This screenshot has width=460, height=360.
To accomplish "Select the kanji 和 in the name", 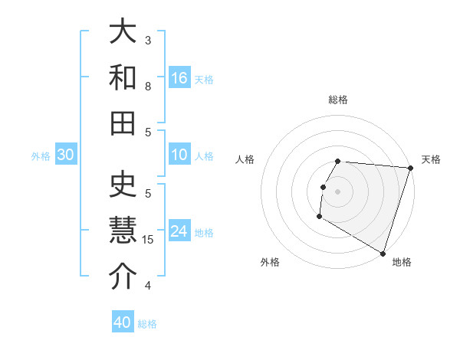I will tap(123, 78).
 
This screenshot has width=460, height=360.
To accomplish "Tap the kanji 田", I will tap(123, 123).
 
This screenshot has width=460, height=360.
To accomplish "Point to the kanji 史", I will tap(123, 185).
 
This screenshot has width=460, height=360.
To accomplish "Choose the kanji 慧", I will tap(123, 231).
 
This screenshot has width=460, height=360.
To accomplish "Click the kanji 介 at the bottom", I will tap(123, 277).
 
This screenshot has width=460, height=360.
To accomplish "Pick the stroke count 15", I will tap(149, 240).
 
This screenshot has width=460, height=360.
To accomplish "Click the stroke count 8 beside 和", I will tap(148, 87).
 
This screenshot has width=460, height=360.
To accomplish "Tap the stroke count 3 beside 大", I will tap(148, 40).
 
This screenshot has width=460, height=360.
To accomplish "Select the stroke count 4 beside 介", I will tap(148, 286).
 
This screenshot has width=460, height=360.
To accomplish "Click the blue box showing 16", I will tap(179, 77).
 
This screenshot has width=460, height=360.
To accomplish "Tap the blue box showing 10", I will tap(179, 155).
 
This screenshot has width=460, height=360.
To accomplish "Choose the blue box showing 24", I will tap(179, 231).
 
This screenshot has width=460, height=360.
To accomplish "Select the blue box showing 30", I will tap(65, 155).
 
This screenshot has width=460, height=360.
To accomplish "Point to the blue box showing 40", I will tap(123, 322).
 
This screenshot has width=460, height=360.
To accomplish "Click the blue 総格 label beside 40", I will tap(148, 324).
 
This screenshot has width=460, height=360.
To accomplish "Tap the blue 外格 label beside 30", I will tap(41, 156).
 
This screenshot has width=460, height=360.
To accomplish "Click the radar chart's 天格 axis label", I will tap(431, 159).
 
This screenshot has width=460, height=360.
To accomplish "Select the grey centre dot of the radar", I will tap(337, 191).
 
